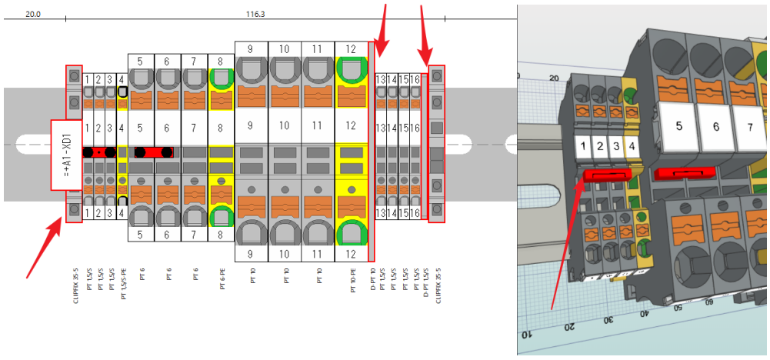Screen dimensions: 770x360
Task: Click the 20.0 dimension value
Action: click(33, 14)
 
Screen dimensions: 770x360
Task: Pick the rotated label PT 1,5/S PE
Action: click(122, 285)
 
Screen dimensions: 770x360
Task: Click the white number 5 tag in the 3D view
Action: click(678, 125)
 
